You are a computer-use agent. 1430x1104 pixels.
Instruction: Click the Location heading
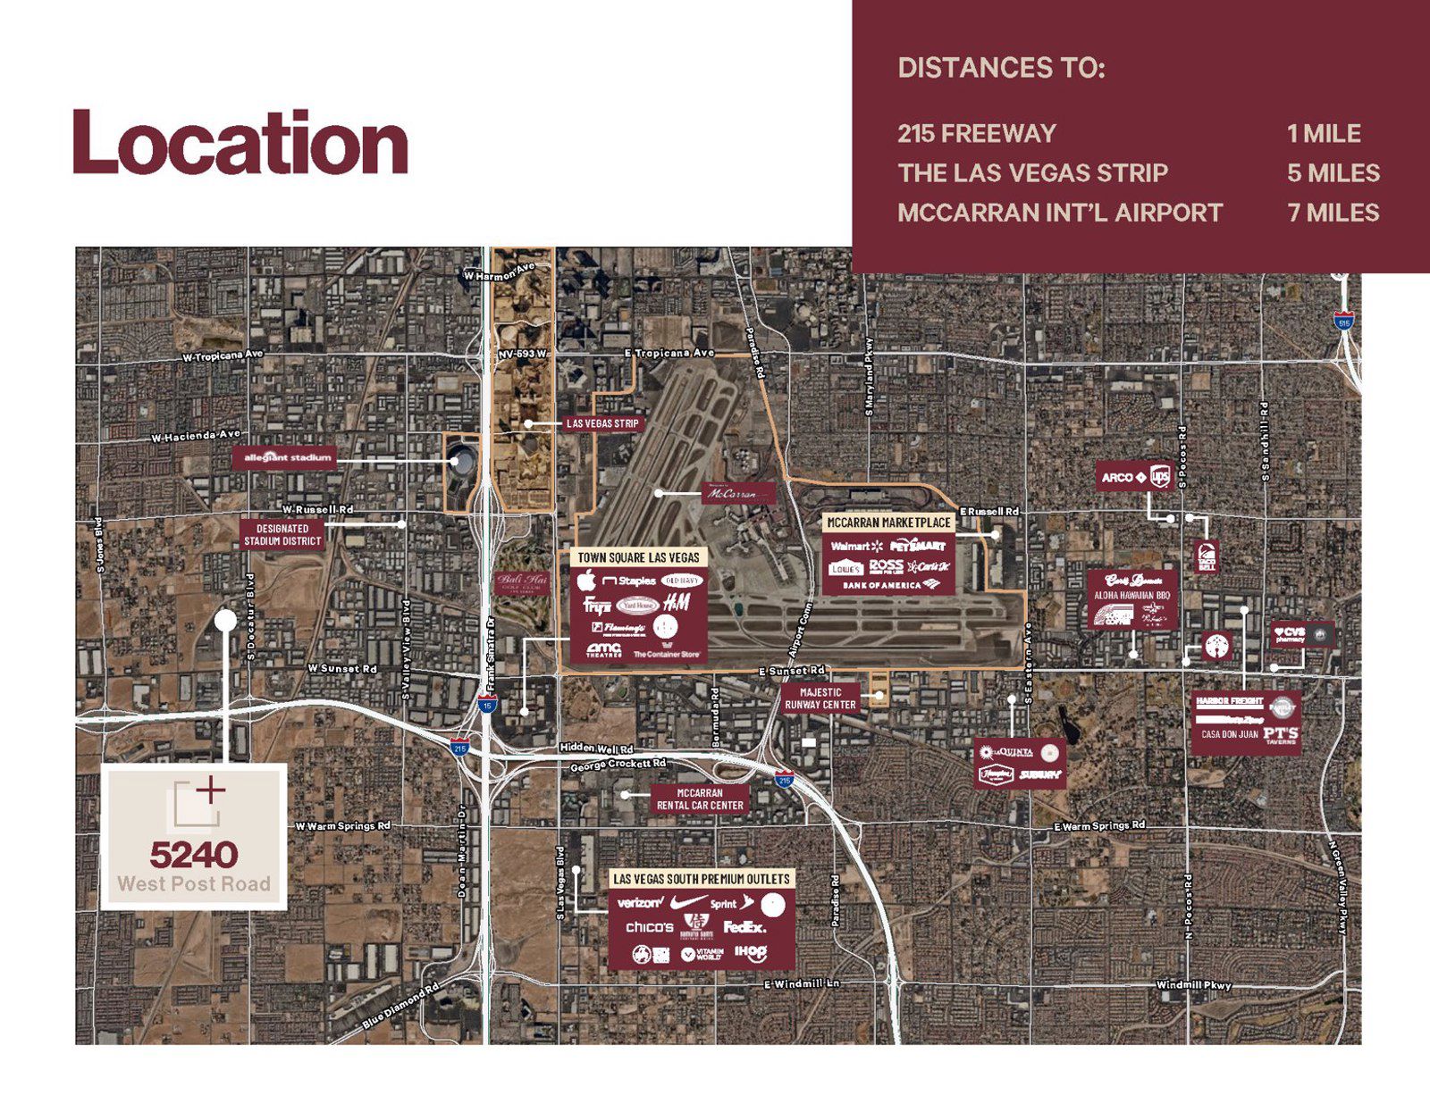point(240,143)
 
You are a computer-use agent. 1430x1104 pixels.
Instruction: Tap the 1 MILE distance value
point(1324,134)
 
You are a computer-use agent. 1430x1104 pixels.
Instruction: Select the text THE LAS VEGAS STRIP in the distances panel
point(1032,173)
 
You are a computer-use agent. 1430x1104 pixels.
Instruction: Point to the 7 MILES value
point(1333,213)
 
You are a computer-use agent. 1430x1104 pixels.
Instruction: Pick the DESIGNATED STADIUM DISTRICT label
point(282,535)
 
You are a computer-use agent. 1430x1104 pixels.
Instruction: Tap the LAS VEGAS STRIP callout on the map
point(602,423)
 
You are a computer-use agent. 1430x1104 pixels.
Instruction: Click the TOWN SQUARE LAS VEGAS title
point(638,557)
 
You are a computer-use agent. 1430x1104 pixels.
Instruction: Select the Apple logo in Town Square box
point(587,581)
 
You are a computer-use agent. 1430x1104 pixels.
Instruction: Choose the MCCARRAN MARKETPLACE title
point(888,523)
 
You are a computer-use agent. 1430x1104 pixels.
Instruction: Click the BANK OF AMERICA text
point(881,585)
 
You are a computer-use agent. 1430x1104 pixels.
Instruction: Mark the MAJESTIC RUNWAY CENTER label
point(820,698)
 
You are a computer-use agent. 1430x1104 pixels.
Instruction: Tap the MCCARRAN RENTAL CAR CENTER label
point(700,799)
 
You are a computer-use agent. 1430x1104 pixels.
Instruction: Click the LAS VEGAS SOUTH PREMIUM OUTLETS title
point(702,880)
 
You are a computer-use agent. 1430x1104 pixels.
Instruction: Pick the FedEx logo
point(744,927)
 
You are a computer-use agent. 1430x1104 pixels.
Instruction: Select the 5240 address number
point(193,856)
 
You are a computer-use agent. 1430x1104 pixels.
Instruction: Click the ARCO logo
point(1117,478)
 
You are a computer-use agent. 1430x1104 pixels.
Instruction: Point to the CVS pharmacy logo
point(1290,633)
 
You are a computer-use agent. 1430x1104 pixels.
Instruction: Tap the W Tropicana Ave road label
point(223,355)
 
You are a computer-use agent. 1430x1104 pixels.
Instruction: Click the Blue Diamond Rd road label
point(401,1006)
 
